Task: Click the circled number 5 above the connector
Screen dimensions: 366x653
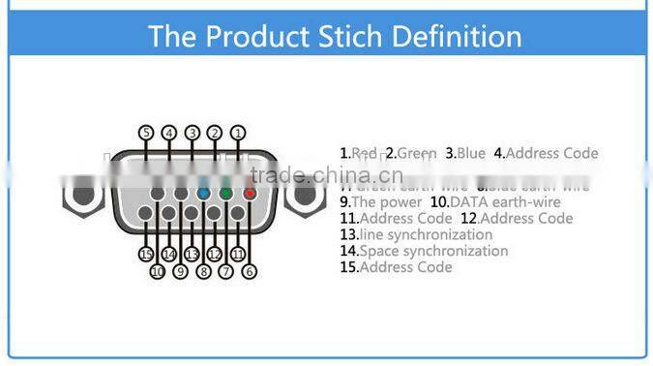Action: coord(146,133)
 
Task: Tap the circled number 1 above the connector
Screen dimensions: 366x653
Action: coord(238,133)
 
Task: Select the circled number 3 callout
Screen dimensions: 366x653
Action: coord(193,133)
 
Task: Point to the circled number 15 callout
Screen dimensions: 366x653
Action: coord(146,254)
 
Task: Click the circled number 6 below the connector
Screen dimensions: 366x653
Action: coord(250,272)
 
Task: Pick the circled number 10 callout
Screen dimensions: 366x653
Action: coord(158,272)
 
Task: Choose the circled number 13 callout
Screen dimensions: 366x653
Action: coord(192,254)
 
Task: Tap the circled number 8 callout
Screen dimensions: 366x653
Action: coord(203,272)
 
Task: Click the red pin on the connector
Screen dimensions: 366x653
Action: coord(249,194)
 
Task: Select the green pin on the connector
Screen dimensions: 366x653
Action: coord(225,194)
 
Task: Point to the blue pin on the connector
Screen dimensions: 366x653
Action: coord(203,194)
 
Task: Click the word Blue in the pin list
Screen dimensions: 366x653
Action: coord(470,153)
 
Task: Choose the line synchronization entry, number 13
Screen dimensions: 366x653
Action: coord(416,234)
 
